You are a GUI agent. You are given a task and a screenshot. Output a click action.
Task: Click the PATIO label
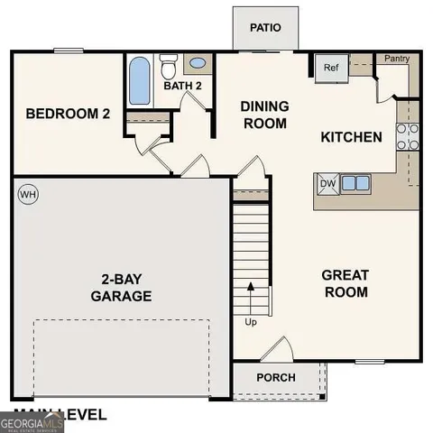coord(265,27)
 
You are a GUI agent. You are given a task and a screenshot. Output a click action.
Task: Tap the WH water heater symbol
coord(27,194)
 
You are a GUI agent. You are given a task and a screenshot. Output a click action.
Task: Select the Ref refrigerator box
coord(330,68)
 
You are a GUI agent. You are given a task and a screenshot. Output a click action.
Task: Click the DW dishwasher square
coord(327,183)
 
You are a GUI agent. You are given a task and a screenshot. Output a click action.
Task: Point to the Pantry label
coord(397,59)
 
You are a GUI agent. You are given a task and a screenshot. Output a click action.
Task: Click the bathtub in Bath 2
coord(140,82)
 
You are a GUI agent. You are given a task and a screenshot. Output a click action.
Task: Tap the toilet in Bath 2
coord(169,68)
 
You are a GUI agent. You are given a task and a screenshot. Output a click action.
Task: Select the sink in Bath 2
coord(198,64)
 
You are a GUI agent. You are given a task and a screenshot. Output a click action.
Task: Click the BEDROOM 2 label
coord(68,114)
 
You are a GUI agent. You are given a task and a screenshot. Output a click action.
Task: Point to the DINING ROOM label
coord(263,115)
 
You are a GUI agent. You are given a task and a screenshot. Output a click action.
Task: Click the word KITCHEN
coord(352,138)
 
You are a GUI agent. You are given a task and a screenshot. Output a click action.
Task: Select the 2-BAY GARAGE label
coord(121,287)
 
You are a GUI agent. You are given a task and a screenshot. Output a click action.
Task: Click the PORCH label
coord(276,377)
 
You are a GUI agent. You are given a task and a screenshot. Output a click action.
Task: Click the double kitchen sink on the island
coord(355,183)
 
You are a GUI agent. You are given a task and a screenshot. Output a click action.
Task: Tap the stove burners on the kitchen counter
coord(408,135)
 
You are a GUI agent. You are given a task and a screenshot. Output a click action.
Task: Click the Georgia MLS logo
coord(32,422)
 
